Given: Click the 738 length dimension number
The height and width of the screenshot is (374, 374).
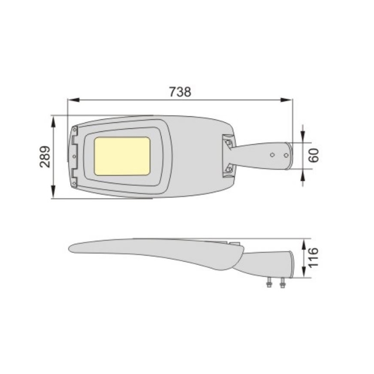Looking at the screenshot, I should point(180,92).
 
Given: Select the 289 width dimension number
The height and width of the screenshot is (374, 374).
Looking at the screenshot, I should point(45,156).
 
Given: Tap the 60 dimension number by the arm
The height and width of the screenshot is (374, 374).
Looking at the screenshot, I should point(314,155).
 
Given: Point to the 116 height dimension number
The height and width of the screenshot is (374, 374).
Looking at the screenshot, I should point(314,257).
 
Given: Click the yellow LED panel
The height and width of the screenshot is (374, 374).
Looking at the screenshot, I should point(122,156).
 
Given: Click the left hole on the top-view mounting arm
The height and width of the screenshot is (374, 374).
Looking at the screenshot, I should point(272,154).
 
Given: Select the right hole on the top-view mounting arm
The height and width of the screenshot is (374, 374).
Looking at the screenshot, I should point(286,155).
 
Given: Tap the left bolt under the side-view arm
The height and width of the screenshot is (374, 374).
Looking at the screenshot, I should point(269,284).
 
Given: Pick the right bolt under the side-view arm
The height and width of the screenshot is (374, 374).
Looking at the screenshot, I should point(283,284).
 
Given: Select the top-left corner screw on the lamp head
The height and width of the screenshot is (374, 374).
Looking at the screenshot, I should point(75,129).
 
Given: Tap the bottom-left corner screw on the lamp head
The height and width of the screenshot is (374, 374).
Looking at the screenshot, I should point(75,184).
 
